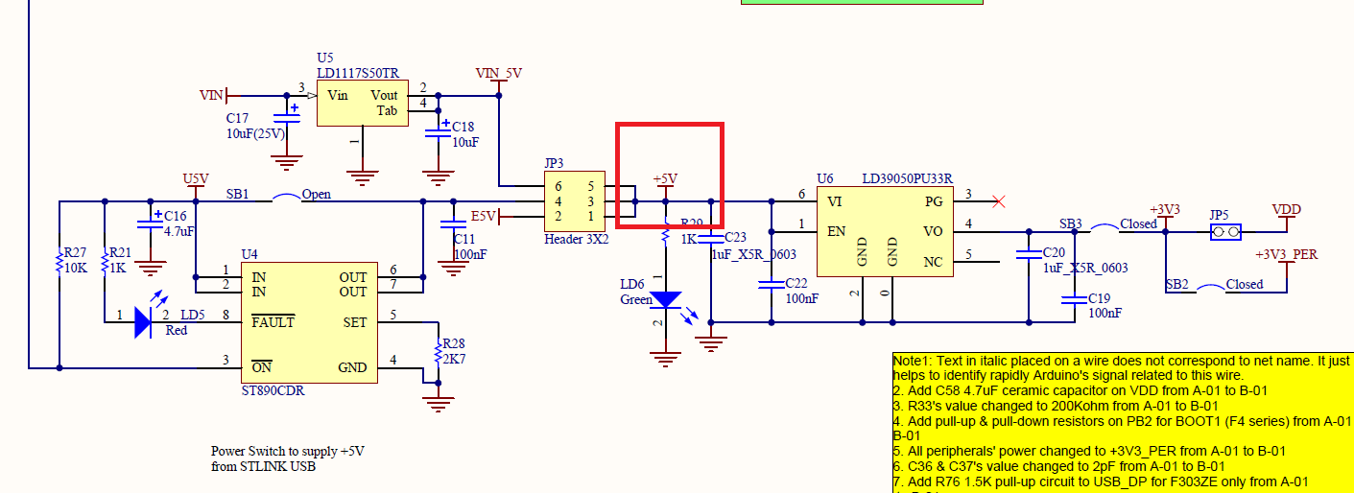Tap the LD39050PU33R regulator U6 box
click(x=884, y=229)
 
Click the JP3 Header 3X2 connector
click(x=576, y=201)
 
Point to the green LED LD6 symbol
click(x=664, y=299)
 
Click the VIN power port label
click(x=210, y=95)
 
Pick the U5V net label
click(x=195, y=179)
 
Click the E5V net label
click(x=483, y=217)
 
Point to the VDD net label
click(x=1286, y=209)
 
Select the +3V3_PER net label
click(x=1286, y=255)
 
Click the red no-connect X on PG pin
click(x=999, y=201)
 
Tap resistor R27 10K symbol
click(x=59, y=261)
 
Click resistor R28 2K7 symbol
click(x=438, y=351)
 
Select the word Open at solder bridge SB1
click(x=316, y=194)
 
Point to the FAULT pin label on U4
click(x=273, y=322)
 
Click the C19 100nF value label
click(x=1105, y=313)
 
